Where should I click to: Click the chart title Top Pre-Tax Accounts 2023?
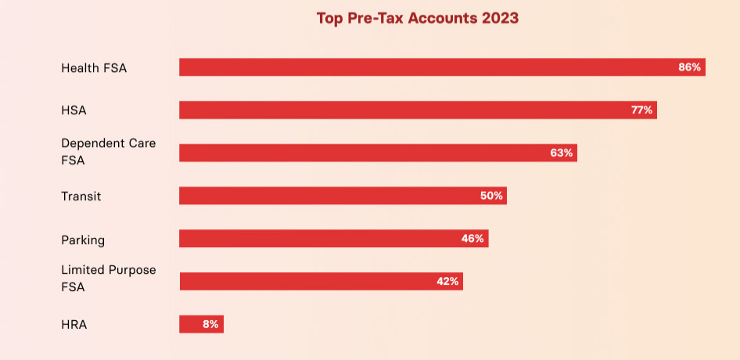(417, 18)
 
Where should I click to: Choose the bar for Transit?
(329, 196)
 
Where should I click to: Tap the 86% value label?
(689, 67)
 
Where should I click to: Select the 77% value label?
(641, 110)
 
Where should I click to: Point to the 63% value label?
(562, 153)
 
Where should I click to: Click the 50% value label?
(491, 196)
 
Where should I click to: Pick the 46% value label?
(472, 238)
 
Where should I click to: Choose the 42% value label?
(447, 281)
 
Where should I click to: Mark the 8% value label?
(210, 324)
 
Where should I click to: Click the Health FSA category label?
(94, 68)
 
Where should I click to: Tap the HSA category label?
(74, 110)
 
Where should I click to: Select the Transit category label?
(81, 196)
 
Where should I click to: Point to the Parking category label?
(83, 239)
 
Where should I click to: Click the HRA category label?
(74, 324)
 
